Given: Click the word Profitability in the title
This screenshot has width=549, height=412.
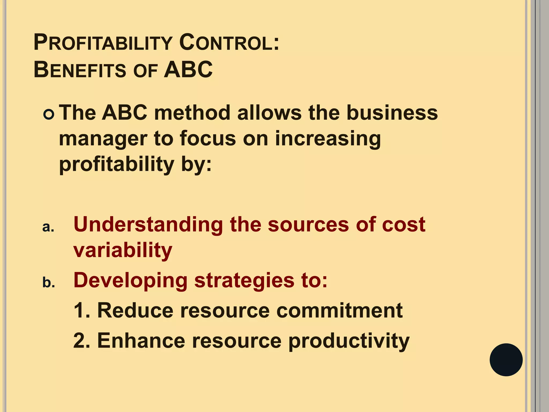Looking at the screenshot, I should point(103,43).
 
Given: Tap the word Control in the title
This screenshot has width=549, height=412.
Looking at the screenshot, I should point(229,43).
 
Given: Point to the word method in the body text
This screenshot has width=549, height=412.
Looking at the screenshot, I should point(192,113).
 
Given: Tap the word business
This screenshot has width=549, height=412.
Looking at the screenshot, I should point(392,113).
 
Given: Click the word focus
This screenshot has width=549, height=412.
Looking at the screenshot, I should point(208,139).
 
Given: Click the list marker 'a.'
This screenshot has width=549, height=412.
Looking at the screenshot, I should point(48,227).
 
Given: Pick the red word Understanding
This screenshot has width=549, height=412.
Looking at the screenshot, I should point(148,225).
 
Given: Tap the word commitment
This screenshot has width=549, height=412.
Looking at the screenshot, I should point(339,311).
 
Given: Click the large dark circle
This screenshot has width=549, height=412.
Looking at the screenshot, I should point(506,360).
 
